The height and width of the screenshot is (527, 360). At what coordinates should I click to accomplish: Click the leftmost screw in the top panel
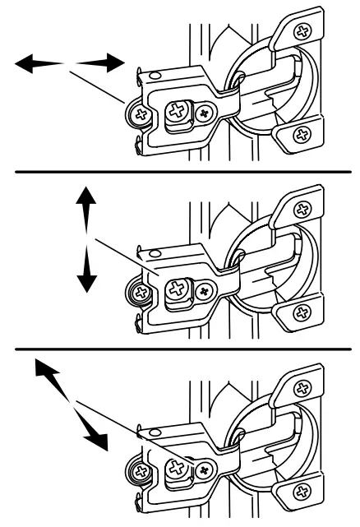click(x=141, y=114)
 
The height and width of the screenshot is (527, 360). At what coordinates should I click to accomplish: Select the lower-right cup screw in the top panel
click(x=302, y=135)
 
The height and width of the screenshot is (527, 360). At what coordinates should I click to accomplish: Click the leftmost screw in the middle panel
click(x=141, y=292)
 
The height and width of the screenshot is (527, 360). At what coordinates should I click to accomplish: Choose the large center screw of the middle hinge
click(x=178, y=289)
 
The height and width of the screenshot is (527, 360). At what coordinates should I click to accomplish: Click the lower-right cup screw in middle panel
click(x=302, y=312)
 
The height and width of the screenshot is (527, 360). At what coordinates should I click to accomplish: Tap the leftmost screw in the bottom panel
click(x=141, y=474)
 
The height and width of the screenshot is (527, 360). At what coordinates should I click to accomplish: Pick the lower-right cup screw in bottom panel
click(x=302, y=493)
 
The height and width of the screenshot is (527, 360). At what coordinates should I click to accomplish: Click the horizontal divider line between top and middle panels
click(x=179, y=171)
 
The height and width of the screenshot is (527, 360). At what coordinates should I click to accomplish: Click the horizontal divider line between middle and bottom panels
click(x=179, y=349)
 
